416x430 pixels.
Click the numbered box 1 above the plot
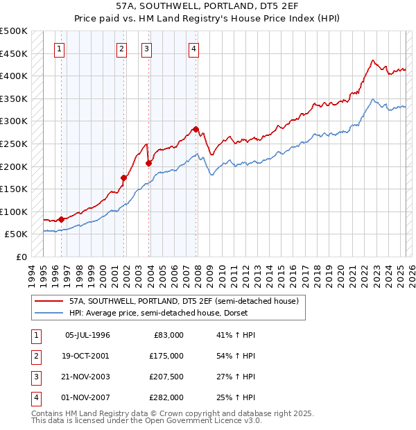(60, 49)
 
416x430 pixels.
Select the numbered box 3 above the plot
(147, 49)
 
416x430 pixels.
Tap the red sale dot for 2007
(196, 129)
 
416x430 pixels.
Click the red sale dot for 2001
(124, 178)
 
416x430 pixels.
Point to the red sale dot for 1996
(61, 219)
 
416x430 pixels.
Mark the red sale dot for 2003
(148, 163)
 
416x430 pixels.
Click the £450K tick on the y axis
(14, 53)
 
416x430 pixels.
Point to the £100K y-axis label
(14, 212)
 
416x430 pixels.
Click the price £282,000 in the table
(167, 397)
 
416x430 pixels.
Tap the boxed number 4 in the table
(35, 397)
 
